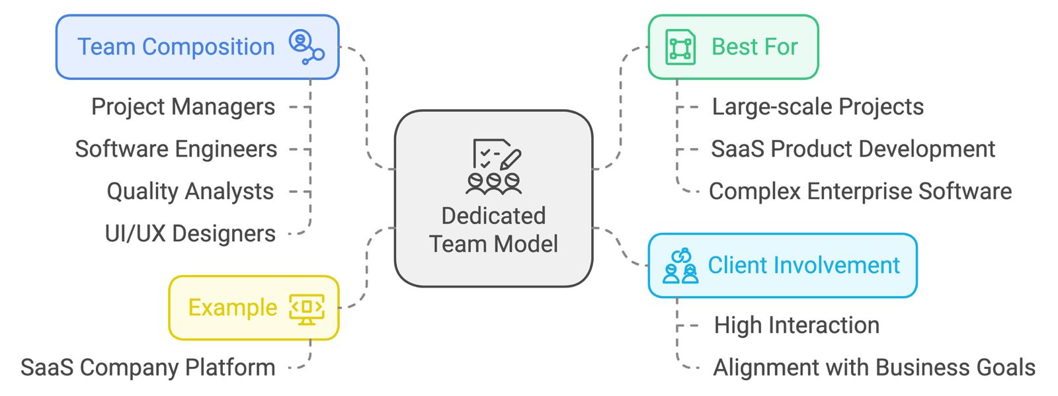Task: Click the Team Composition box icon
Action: tap(306, 47)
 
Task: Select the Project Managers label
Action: tap(183, 107)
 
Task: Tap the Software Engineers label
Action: tap(176, 149)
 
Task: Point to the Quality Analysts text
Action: tap(190, 192)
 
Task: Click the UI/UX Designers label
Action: tap(190, 234)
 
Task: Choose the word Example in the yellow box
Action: tap(233, 308)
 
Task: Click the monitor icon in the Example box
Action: tap(306, 309)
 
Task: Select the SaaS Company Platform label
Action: tap(148, 368)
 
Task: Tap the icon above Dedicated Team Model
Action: tap(493, 167)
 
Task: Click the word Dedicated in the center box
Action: tap(493, 216)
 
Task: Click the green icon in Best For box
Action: tap(680, 48)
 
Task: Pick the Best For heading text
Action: tap(754, 48)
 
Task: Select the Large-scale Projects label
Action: tap(817, 107)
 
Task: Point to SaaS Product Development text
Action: tap(853, 149)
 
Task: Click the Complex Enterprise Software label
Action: tap(860, 192)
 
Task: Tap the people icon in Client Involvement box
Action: tap(680, 266)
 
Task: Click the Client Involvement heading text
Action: tap(803, 266)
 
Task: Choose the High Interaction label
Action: tap(797, 325)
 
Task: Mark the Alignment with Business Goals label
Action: tap(874, 368)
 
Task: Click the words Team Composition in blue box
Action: tap(176, 48)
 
